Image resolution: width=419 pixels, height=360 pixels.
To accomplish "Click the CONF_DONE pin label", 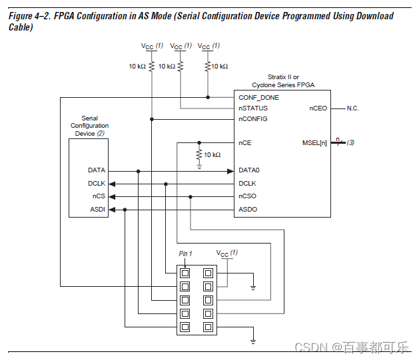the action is pos(258,98).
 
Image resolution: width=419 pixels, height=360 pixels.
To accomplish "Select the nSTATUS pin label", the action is pos(253,108).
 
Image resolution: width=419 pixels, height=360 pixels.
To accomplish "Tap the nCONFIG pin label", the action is pos(252,119).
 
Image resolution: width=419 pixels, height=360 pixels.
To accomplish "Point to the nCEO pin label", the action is pos(318,108).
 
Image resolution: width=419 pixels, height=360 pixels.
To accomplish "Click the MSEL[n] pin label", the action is pos(314,143).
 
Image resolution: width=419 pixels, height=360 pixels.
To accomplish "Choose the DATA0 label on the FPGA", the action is pos(249,170).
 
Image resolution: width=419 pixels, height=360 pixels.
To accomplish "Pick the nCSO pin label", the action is pos(247,196).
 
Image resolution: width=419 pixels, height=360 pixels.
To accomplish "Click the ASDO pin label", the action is pos(248,210).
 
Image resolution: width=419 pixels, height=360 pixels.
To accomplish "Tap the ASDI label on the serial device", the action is pos(97,210).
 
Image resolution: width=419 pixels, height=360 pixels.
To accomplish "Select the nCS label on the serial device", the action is pos(99,196).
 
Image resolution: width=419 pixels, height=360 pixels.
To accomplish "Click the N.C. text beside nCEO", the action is pos(353,108).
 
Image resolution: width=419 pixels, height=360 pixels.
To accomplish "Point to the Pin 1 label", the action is pos(185,254).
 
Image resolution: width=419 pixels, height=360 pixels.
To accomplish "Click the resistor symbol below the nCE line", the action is pos(199,155).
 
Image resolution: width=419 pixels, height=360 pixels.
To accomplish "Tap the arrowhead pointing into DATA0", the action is pos(230,171).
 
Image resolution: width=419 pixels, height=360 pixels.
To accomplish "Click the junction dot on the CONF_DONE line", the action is pos(208,97).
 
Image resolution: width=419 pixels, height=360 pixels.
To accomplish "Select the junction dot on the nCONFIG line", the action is pos(152,119).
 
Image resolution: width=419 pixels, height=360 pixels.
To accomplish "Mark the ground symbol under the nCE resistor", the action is pos(199,167).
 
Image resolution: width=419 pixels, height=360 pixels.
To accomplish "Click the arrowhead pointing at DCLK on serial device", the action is pos(112,184).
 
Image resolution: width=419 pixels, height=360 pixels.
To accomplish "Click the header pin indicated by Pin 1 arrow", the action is pos(185,273).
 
